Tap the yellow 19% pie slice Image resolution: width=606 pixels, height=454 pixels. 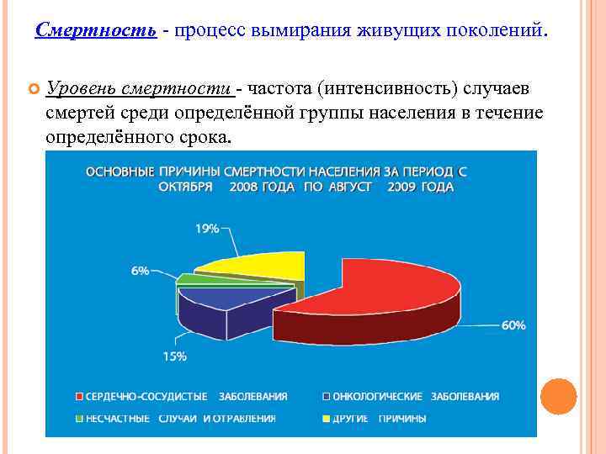pyautogui.click(x=257, y=265)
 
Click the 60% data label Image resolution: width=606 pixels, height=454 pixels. pyautogui.click(x=513, y=325)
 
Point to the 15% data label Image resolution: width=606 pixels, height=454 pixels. pyautogui.click(x=174, y=356)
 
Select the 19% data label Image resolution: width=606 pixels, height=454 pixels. pyautogui.click(x=208, y=228)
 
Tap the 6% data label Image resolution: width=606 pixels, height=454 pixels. pyautogui.click(x=140, y=271)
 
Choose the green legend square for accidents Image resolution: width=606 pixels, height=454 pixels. pyautogui.click(x=79, y=418)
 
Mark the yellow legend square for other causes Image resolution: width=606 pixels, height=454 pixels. pyautogui.click(x=327, y=418)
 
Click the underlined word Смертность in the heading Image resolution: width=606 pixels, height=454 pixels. pyautogui.click(x=96, y=31)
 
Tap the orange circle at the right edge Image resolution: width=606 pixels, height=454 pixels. pyautogui.click(x=558, y=396)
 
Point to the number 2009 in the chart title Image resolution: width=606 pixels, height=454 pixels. pyautogui.click(x=403, y=187)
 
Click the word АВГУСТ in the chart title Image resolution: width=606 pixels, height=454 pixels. pyautogui.click(x=348, y=187)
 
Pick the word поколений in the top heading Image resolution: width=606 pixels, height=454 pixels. pyautogui.click(x=497, y=31)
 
